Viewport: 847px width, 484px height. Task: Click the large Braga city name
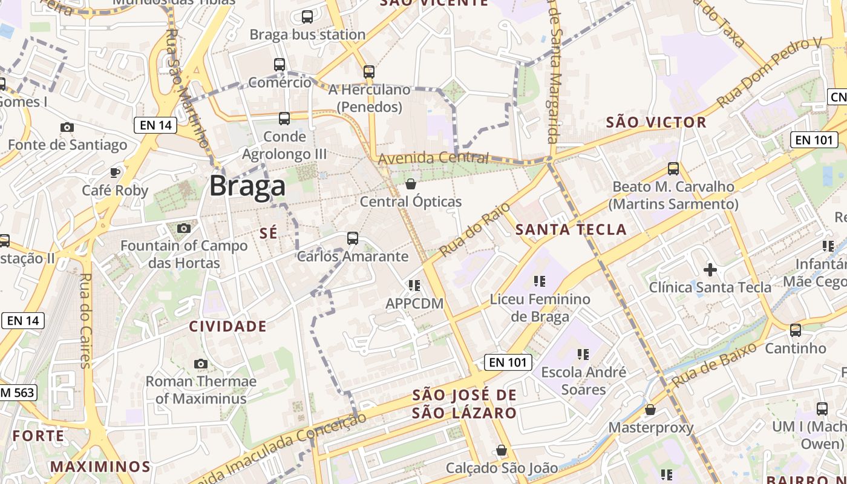(x=247, y=186)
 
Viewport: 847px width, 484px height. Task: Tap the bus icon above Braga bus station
(x=307, y=17)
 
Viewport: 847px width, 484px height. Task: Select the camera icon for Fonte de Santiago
(x=67, y=127)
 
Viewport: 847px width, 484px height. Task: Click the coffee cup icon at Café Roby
(x=115, y=172)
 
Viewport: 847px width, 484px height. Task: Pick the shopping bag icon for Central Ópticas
(x=411, y=184)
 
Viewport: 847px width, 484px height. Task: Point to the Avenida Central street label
(x=433, y=159)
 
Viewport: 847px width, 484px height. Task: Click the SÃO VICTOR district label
(x=656, y=122)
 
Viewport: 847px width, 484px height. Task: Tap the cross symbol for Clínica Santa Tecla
(x=710, y=269)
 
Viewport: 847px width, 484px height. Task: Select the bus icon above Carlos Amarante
(x=353, y=238)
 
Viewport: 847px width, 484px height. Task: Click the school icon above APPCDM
(x=414, y=285)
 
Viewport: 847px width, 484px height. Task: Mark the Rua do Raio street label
(x=476, y=225)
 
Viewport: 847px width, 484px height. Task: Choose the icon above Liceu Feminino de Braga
(x=540, y=281)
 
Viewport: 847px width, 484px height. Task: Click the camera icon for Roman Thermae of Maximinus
(x=201, y=364)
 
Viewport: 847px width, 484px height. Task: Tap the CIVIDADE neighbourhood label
(x=227, y=327)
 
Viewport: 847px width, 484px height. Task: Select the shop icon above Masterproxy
(x=650, y=410)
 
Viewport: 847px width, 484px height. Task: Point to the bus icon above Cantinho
(x=796, y=330)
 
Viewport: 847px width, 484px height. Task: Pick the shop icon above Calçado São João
(x=502, y=450)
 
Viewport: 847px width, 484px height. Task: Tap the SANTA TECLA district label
(x=571, y=229)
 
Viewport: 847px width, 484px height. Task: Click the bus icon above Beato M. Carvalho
(x=673, y=169)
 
